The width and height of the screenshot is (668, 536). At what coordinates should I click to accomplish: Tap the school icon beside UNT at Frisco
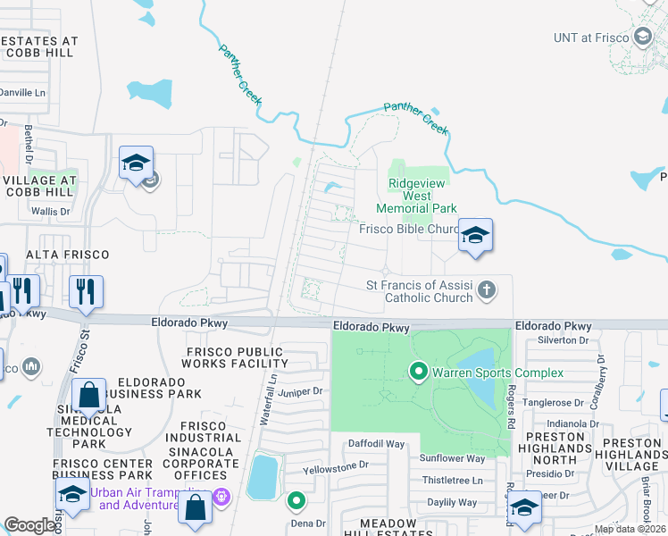pos(641,37)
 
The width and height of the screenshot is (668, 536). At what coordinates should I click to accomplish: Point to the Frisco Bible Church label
pos(408,229)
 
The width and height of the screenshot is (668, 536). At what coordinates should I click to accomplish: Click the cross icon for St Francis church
pos(486,290)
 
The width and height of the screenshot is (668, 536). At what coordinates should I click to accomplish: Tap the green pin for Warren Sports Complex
pos(417,370)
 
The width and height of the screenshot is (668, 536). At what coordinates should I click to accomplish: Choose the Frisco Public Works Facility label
pos(235,357)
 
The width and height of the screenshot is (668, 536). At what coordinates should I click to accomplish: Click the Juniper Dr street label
pos(299,391)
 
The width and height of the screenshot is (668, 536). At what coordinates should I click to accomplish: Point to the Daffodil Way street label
pos(376,443)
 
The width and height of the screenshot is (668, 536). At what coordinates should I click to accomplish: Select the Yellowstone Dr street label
pos(336,465)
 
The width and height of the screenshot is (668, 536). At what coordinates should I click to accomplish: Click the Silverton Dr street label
pos(564,340)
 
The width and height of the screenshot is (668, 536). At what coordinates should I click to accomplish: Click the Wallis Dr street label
pos(50,212)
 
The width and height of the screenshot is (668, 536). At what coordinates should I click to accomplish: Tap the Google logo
pos(30,526)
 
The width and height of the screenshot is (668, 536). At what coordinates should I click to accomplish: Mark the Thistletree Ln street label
pos(452,480)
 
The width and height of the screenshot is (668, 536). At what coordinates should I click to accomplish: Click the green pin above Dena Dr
pos(296,501)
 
